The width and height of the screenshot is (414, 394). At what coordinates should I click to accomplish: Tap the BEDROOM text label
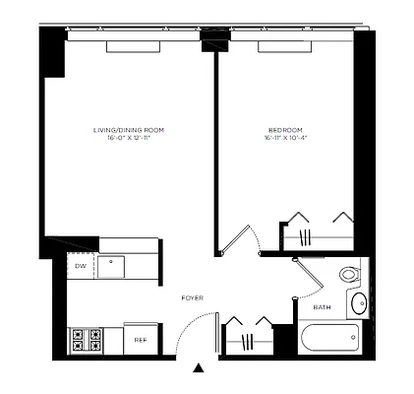pos(284,130)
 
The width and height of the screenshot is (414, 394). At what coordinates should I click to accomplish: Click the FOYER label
pos(192,296)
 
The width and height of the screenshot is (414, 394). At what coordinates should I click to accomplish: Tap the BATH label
pos(323,307)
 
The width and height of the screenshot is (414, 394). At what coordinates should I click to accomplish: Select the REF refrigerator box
pos(141,340)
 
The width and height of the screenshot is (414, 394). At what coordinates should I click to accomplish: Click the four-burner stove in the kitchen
pos(85,340)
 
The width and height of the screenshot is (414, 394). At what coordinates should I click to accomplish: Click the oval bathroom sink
pos(359,303)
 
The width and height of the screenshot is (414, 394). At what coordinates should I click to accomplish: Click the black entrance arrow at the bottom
pos(199,369)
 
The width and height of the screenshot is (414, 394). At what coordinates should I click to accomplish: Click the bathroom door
pos(310,276)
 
